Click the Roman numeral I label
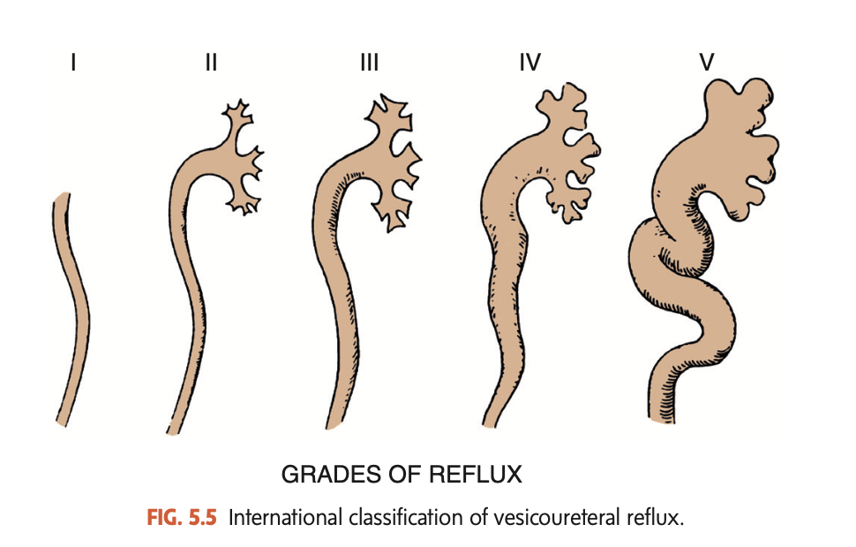pos(73,63)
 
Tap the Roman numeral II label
pos(210,63)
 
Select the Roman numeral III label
pos(369,63)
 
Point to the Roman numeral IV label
pos(529,63)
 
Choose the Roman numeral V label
pos(707,63)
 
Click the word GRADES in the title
pos(321,475)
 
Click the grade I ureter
pos(72,309)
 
